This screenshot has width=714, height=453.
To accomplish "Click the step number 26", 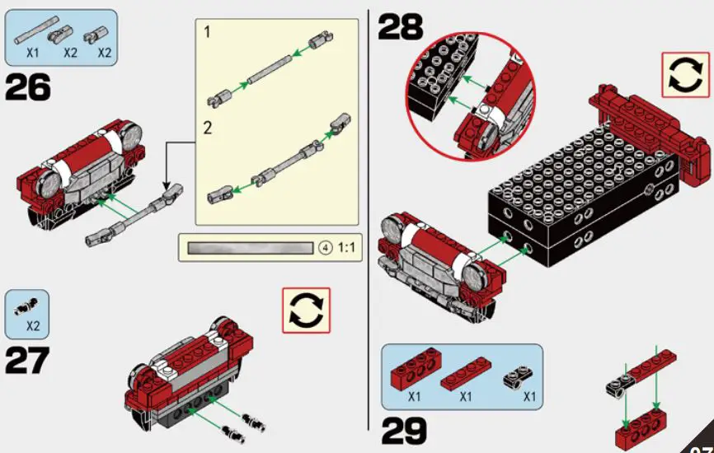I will (27, 87).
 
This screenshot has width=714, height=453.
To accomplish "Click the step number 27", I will (27, 361).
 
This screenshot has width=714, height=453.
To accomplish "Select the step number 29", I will (404, 431).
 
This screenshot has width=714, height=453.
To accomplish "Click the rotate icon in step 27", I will (306, 311).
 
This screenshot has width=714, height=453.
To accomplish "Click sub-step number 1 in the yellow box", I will (208, 32).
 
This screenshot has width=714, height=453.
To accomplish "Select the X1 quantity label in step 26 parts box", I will (33, 53).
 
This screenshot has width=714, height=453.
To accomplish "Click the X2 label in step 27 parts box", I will (33, 325).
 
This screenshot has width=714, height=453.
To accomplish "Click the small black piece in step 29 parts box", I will (516, 377).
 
